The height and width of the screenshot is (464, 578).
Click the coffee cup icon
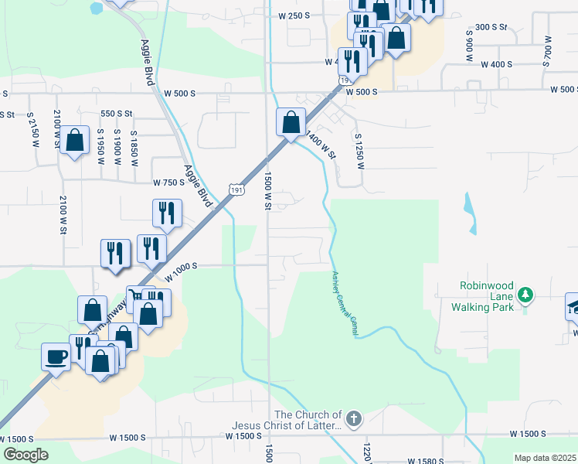tap(57, 356)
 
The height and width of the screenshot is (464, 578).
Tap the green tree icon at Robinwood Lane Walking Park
tap(525, 295)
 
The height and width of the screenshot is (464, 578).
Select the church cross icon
tap(353, 419)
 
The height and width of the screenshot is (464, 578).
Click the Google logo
tap(25, 455)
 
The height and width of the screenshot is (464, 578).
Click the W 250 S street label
tap(294, 15)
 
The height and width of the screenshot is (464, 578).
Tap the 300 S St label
tap(491, 27)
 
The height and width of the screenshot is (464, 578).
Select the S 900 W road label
tap(469, 46)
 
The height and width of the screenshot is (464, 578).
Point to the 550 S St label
tap(117, 114)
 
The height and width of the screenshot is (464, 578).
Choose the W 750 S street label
tap(169, 183)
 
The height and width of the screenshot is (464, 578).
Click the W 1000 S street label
tap(182, 266)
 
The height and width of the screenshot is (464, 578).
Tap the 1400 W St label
tap(321, 144)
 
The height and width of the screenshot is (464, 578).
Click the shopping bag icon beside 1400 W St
tap(291, 121)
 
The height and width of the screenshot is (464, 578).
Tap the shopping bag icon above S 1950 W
tap(75, 140)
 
